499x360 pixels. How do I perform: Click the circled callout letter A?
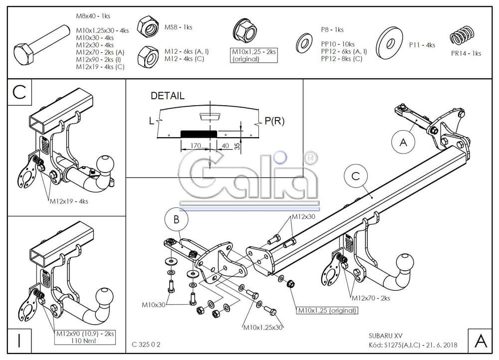[x=403, y=143]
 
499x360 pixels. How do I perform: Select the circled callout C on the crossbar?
[x=355, y=177]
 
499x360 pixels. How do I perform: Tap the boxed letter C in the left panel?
[x=19, y=93]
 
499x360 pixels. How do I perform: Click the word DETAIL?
[x=167, y=95]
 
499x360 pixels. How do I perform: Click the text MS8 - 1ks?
[x=178, y=27]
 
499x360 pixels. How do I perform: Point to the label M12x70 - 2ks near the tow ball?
[x=370, y=298]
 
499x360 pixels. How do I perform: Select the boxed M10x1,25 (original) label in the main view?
[x=327, y=311]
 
